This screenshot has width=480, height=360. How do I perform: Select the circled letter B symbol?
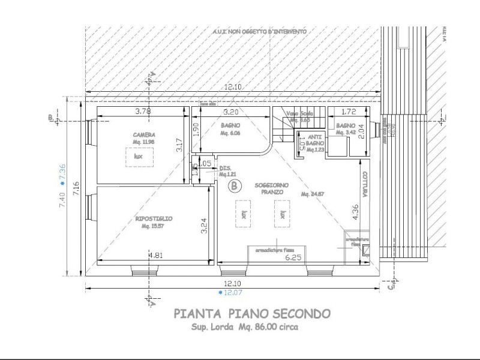click(x=233, y=186)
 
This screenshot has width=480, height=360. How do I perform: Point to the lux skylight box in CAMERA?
click(x=139, y=157)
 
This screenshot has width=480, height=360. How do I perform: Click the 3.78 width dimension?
click(x=142, y=112)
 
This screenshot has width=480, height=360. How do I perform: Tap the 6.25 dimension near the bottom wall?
click(x=293, y=257)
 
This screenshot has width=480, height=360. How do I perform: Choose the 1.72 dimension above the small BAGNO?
click(x=350, y=112)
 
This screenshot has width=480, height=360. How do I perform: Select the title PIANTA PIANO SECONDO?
click(x=251, y=314)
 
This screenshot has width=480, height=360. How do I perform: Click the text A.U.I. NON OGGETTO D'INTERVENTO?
click(x=259, y=31)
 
